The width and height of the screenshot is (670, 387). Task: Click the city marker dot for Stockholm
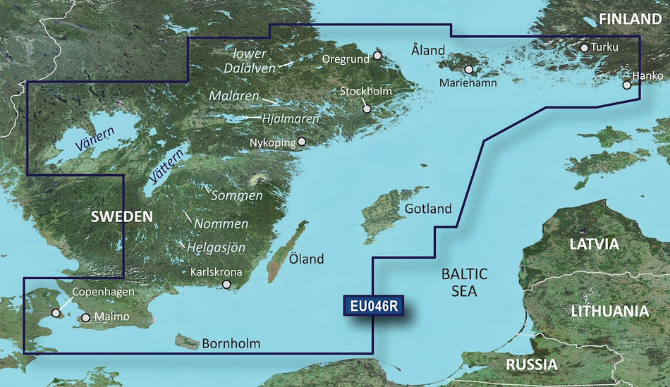367,109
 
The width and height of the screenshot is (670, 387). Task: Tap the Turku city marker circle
584,48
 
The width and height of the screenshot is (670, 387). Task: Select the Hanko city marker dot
626,85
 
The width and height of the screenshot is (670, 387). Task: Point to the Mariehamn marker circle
468,70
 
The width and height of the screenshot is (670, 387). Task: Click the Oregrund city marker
377,55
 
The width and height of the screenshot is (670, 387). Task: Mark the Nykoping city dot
302,141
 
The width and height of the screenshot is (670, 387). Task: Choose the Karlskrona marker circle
226,285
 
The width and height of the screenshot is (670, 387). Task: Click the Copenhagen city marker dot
55,314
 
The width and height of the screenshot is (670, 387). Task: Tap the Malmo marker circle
85,318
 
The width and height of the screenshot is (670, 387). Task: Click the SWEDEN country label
121,216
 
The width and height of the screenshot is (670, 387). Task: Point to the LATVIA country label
594,245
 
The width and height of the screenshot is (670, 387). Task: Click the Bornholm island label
231,344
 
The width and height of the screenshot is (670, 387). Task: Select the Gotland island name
428,209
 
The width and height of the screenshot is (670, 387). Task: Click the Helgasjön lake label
217,247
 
